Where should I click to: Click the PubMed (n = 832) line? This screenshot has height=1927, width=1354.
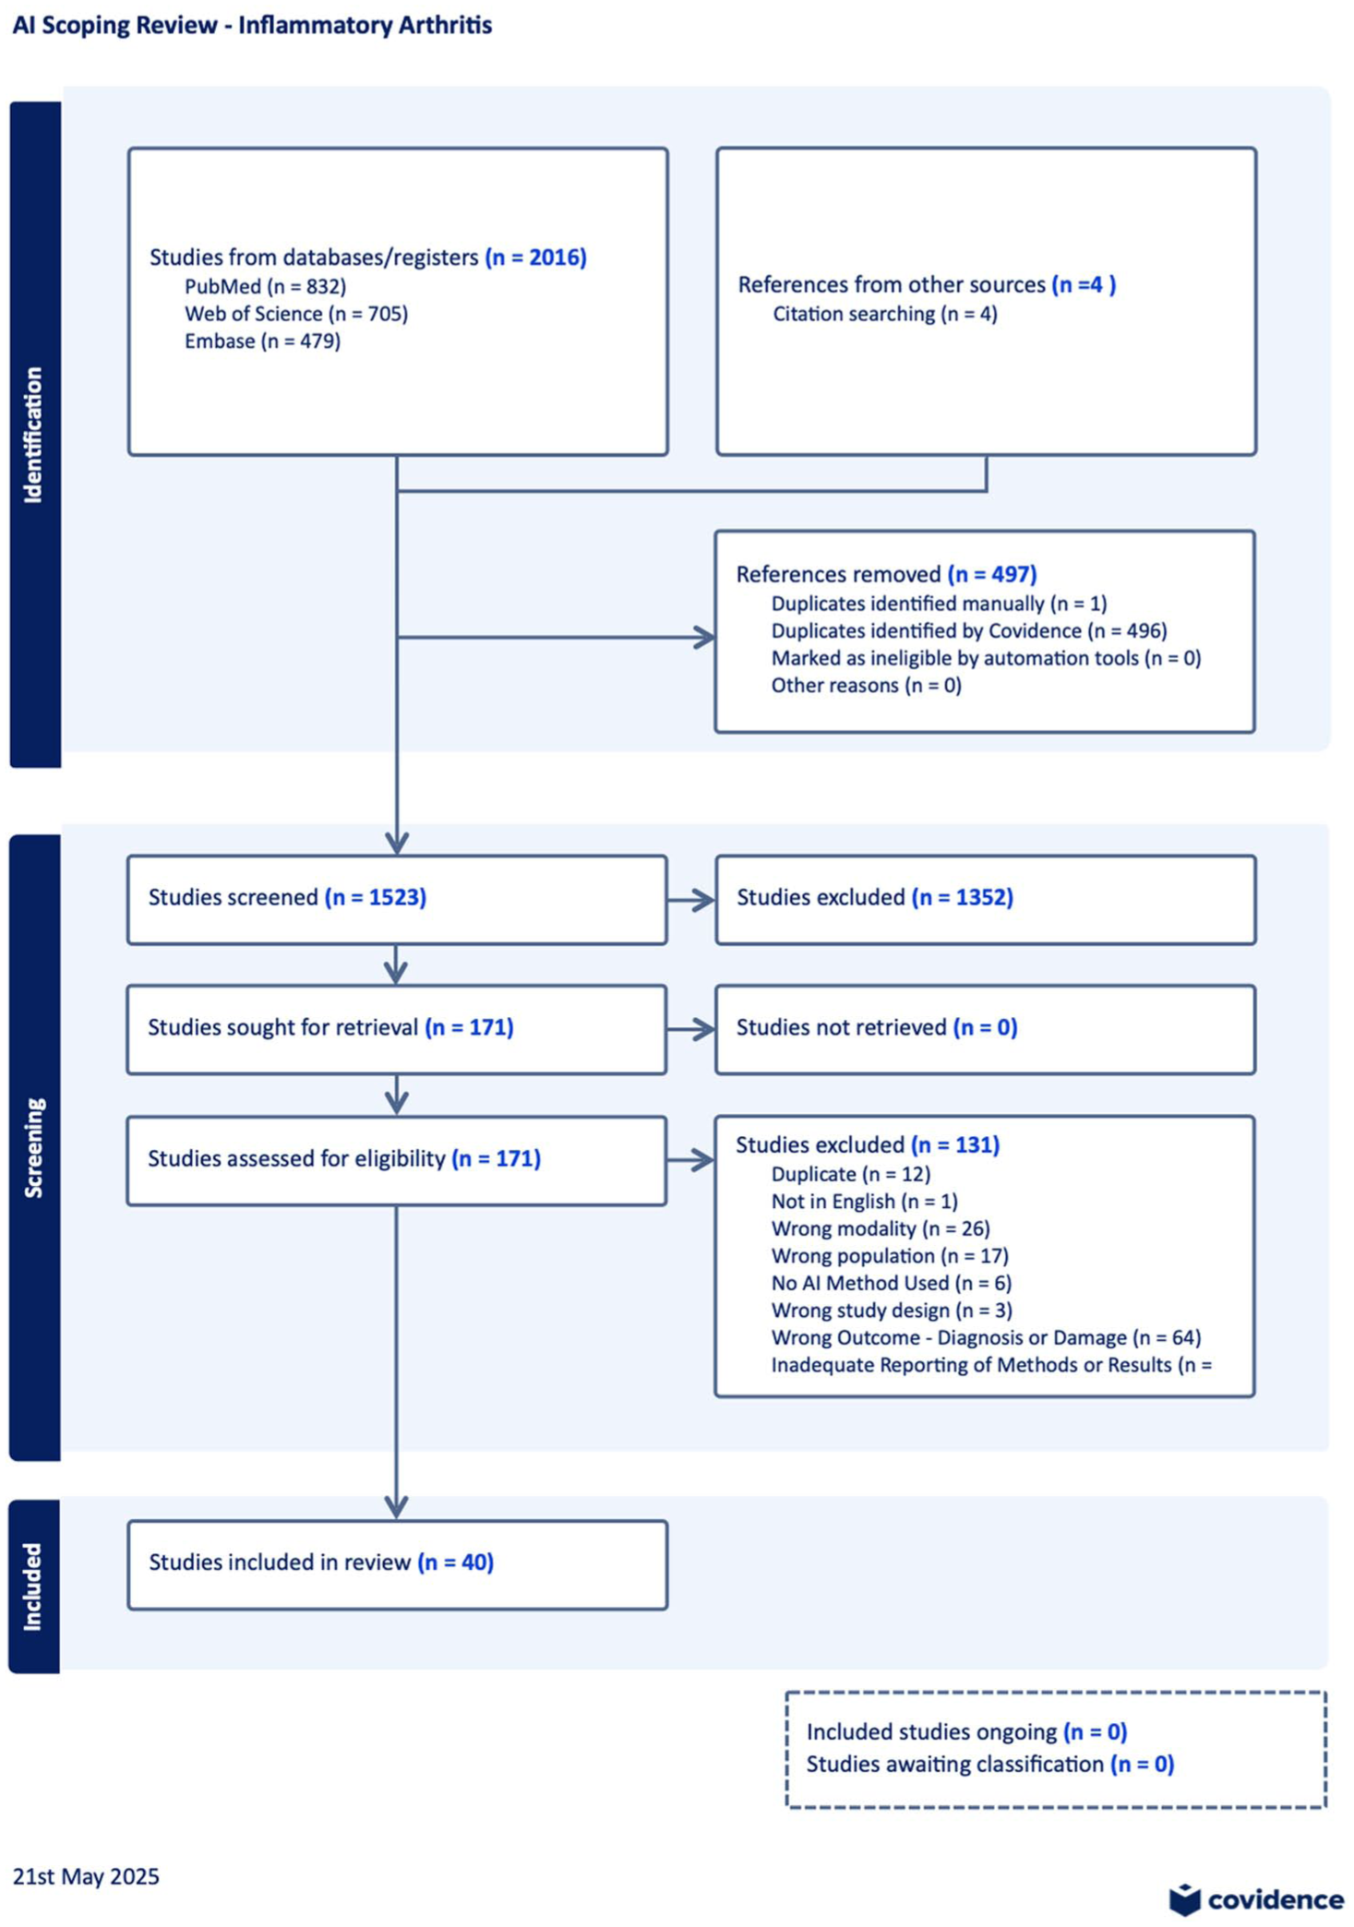(x=265, y=286)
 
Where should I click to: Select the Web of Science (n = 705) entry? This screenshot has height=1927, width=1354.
(x=296, y=314)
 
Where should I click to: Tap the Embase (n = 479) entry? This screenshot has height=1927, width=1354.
(x=262, y=341)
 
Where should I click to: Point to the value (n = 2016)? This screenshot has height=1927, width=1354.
(x=536, y=257)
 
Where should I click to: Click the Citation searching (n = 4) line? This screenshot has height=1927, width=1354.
(x=885, y=314)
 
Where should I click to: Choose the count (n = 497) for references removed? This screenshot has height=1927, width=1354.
(x=992, y=574)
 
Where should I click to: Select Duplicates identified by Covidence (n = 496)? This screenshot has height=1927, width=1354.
(x=969, y=630)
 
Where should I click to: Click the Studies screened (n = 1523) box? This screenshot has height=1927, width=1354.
(x=397, y=900)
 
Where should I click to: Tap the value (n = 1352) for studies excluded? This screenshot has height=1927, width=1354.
(x=963, y=897)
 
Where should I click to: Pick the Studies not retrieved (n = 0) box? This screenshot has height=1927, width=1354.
(x=986, y=1030)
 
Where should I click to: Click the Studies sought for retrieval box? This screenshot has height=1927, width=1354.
(x=397, y=1030)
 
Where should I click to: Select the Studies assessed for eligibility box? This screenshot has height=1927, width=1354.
(x=397, y=1161)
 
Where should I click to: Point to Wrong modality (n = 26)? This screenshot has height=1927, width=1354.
(x=881, y=1228)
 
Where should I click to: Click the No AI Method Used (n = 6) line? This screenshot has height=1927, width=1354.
(x=892, y=1283)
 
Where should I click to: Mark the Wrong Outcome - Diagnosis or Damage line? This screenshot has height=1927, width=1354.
(x=986, y=1337)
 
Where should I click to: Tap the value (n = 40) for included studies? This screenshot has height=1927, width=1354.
(x=456, y=1562)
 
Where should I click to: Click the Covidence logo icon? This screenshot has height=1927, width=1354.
(x=1185, y=1899)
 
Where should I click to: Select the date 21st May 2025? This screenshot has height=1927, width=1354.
(x=86, y=1876)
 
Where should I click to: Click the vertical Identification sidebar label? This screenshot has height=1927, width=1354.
(x=33, y=435)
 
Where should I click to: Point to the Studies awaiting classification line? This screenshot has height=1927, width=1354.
(x=990, y=1765)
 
